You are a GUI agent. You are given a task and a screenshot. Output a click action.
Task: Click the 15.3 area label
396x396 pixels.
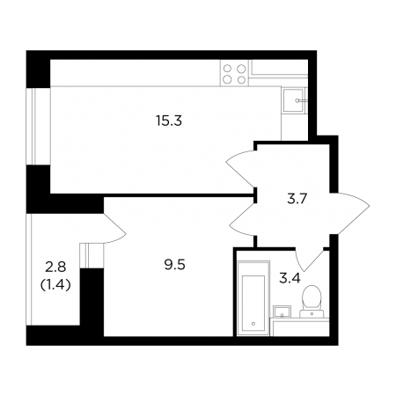click(x=169, y=121)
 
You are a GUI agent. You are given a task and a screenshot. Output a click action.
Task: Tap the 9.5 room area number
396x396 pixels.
click(x=174, y=265)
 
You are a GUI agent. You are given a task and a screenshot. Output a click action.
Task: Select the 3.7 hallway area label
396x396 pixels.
click(x=297, y=200)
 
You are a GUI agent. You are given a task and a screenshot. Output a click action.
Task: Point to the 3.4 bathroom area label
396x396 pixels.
click(x=290, y=278)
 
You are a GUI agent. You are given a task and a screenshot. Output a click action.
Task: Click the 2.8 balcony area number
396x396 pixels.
click(x=55, y=268)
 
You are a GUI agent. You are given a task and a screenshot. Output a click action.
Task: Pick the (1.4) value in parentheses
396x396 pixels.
click(x=55, y=284)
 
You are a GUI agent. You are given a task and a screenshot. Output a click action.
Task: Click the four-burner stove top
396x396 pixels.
click(x=234, y=73)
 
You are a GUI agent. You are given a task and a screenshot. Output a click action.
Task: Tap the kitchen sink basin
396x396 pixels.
click(x=294, y=100)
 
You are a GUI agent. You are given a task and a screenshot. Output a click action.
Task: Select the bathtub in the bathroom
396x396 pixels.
click(x=253, y=298)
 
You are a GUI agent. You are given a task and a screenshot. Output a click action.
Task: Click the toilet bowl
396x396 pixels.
click(x=312, y=297)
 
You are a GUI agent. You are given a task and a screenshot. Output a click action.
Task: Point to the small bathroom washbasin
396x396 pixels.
click(x=282, y=312)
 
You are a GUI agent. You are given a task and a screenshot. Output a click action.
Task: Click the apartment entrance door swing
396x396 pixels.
click(x=349, y=213)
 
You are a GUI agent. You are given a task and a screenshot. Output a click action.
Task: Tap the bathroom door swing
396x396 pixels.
click(x=308, y=260)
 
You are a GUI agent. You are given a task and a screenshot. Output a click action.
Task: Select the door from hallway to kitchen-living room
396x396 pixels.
click(x=240, y=168)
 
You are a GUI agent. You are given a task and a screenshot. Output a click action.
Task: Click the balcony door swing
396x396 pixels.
click(x=114, y=229)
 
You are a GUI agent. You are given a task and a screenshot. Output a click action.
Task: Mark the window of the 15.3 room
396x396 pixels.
click(x=39, y=126)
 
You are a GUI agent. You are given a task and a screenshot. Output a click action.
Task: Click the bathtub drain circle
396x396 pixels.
click(x=253, y=324)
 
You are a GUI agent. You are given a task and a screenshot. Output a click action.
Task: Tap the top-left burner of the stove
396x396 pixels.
click(x=228, y=69)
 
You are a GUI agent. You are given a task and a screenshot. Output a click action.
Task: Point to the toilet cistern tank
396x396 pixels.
click(x=312, y=313)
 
